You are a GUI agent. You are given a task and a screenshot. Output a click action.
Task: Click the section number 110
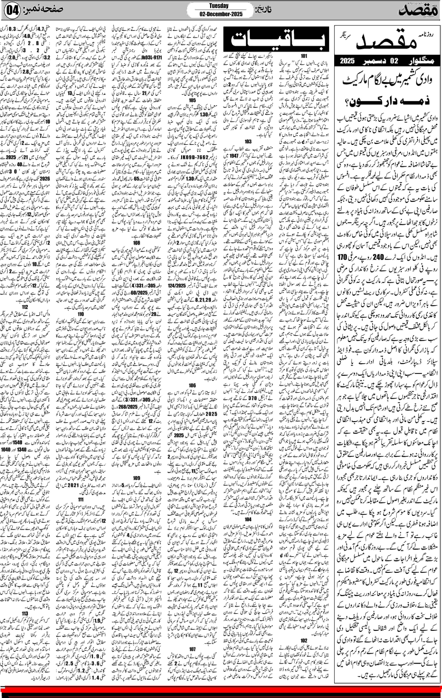pyautogui.click(x=81, y=314)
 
